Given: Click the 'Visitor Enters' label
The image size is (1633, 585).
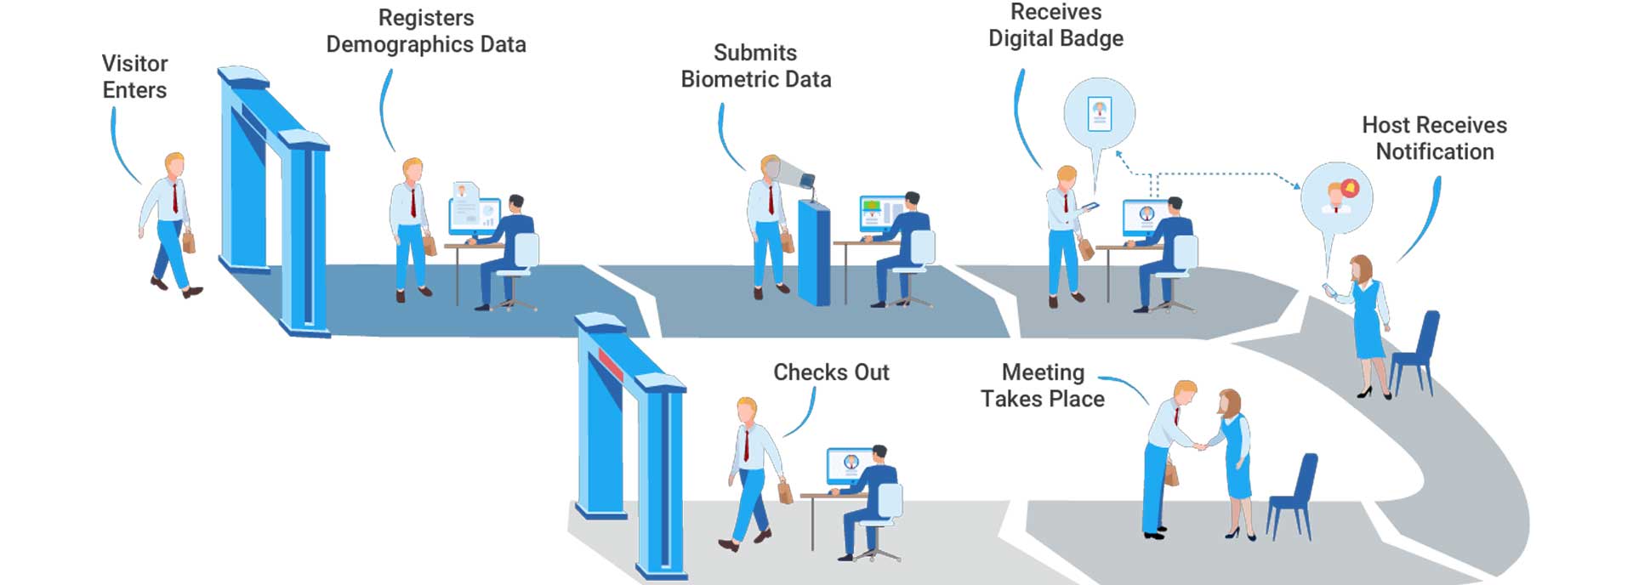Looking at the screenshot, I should pyautogui.click(x=134, y=77).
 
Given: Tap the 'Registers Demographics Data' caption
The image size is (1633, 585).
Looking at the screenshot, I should pyautogui.click(x=426, y=31).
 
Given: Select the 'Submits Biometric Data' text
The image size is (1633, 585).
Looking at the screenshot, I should pyautogui.click(x=755, y=66).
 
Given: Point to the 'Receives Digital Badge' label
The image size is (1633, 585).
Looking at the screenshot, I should pyautogui.click(x=1055, y=26).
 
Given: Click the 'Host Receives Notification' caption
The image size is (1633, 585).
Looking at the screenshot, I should pyautogui.click(x=1434, y=139).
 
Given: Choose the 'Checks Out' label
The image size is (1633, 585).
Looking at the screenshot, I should pyautogui.click(x=831, y=372).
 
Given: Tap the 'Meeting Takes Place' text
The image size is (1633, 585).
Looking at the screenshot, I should pyautogui.click(x=1043, y=386).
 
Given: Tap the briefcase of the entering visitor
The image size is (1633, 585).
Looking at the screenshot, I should pyautogui.click(x=189, y=241).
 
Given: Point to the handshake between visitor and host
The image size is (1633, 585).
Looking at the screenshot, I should pyautogui.click(x=1200, y=446).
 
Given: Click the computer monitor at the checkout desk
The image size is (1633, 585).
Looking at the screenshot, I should pyautogui.click(x=850, y=465).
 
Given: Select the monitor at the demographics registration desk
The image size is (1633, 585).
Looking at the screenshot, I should pyautogui.click(x=474, y=214).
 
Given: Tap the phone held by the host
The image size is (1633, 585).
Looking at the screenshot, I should pyautogui.click(x=1329, y=289).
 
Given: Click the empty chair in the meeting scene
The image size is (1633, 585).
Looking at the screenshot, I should pyautogui.click(x=1294, y=497).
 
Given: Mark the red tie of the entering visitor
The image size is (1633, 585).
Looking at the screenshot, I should pyautogui.click(x=176, y=197).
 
